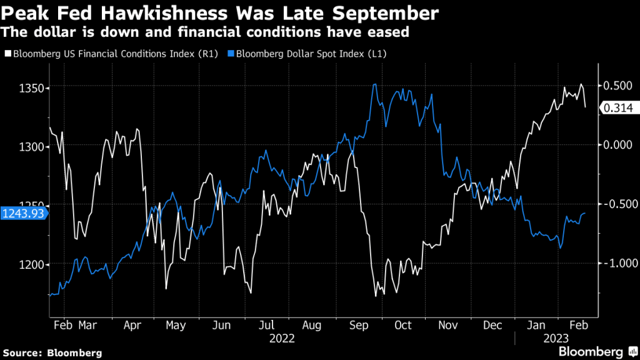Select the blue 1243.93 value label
point(22,214)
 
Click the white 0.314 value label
point(617,108)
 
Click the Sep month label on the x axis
point(359,325)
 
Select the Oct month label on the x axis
point(404,325)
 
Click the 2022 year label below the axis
point(282,338)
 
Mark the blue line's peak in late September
point(374,84)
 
